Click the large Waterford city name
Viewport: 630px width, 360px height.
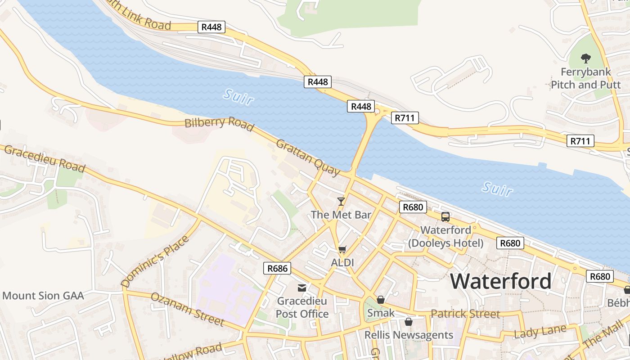coord(501,281)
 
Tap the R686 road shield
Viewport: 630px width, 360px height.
coord(277,269)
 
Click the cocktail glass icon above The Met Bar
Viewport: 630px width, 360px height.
coord(341,201)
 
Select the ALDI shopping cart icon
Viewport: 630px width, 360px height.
coord(342,249)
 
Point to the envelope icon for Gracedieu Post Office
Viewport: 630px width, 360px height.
coord(301,288)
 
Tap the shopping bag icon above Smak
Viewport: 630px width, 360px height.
coord(381,299)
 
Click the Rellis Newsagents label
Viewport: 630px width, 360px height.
coord(409,335)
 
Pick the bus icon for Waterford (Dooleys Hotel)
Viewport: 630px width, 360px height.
coord(445,217)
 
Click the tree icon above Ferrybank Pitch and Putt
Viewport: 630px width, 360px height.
coord(585,58)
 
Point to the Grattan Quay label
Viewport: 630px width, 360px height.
coord(308,157)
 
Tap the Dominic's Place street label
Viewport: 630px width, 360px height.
coord(155,261)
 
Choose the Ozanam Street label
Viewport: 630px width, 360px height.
coord(187,309)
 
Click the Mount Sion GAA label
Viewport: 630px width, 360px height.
coord(43,296)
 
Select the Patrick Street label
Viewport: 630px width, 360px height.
coord(465,314)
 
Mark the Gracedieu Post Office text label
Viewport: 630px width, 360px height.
coord(302,307)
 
